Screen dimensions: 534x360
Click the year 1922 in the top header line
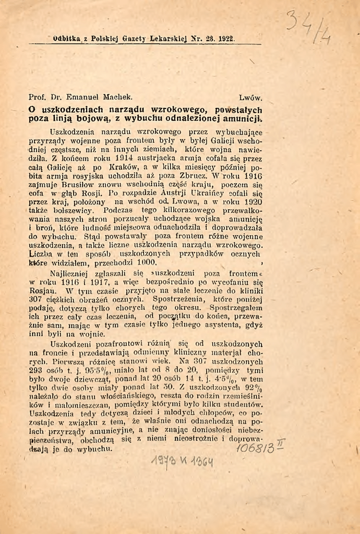[226, 39]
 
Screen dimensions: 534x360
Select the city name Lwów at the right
[250, 97]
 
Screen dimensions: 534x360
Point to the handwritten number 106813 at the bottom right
[257, 447]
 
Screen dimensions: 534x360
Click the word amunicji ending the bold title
[243, 118]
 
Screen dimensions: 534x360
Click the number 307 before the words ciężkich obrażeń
[37, 300]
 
